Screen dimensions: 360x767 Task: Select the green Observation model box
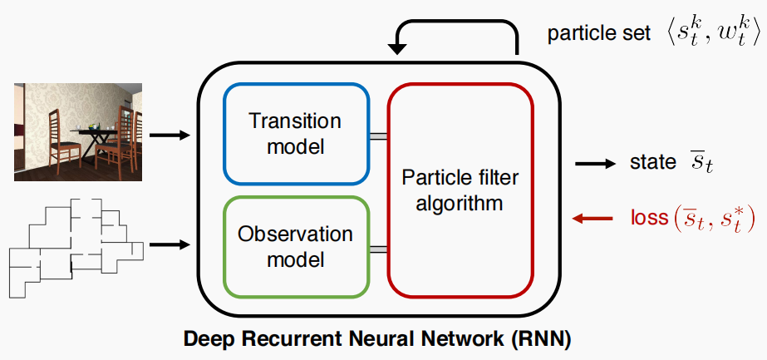tap(295, 247)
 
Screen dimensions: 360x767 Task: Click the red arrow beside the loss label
tap(592, 219)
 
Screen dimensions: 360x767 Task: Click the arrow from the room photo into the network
tap(174, 134)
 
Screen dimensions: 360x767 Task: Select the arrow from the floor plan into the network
tap(174, 244)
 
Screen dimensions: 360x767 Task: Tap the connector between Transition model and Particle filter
tap(378, 136)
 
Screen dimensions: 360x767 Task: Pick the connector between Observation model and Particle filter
tap(378, 249)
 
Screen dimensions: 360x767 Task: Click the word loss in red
tap(649, 219)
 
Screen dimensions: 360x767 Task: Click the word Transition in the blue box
tap(295, 121)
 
